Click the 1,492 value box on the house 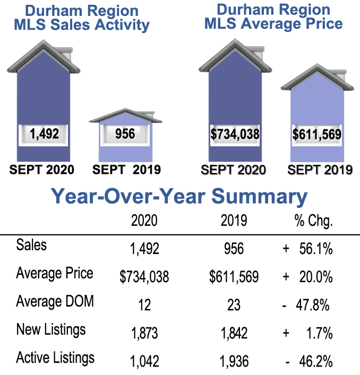pos(44,134)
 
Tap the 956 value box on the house pos(125,133)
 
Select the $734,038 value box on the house pos(235,134)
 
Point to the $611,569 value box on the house pos(316,134)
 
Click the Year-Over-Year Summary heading pos(179,196)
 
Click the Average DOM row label pos(55,301)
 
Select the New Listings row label pos(51,329)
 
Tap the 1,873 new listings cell pos(144,333)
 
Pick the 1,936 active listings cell pos(233,361)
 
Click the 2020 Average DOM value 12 pos(144,305)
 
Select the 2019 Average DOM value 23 pos(233,305)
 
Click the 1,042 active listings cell pos(144,361)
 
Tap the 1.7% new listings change pos(318,333)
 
